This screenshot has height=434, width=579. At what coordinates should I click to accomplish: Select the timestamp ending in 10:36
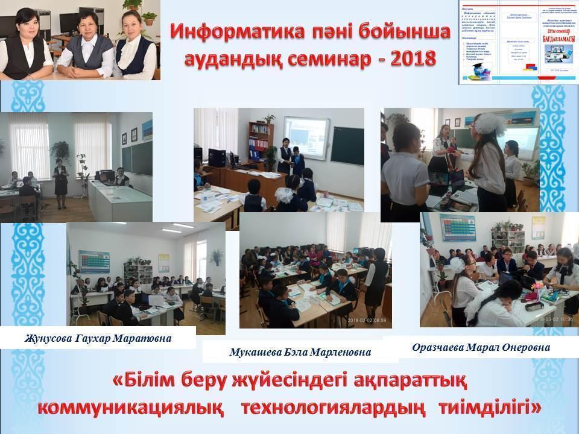pyautogui.click(x=549, y=321)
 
